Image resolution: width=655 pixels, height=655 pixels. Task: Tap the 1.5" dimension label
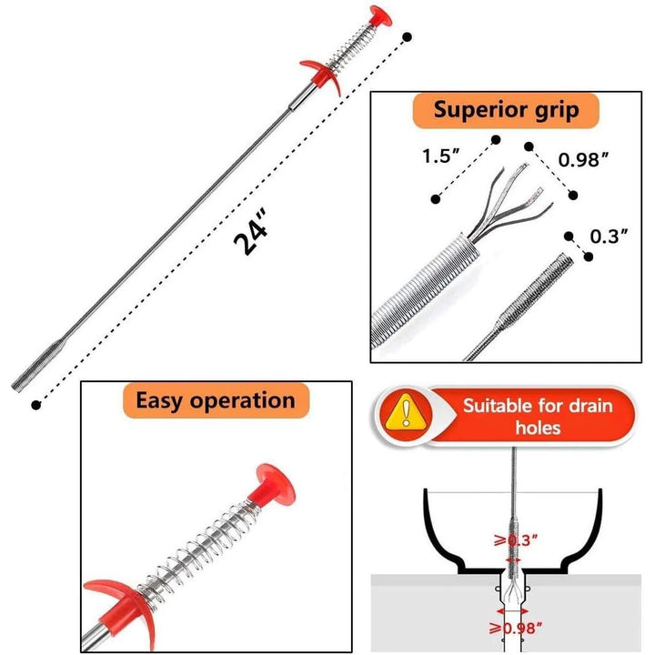tap(438, 156)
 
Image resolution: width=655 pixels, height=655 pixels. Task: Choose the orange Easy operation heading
tap(215, 399)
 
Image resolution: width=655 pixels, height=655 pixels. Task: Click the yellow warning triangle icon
tap(402, 414)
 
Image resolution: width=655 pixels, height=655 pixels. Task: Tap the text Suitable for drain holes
tap(538, 416)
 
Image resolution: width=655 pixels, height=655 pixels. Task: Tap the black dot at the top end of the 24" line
tap(407, 36)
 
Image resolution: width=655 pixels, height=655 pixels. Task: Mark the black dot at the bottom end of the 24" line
tap(35, 402)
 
